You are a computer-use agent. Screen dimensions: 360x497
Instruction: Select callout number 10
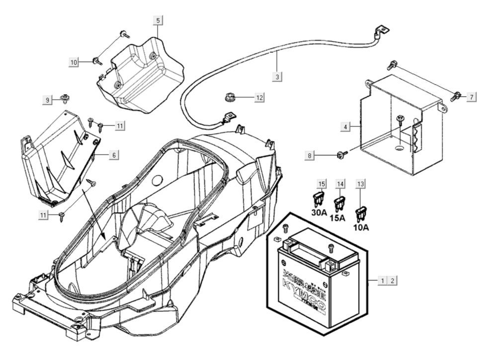pos(74,62)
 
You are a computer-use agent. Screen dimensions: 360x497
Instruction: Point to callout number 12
pos(259,98)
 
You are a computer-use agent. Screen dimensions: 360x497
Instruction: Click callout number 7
pos(471,96)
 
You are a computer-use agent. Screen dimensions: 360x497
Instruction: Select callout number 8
pos(310,156)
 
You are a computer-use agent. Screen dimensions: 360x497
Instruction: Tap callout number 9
pos(48,100)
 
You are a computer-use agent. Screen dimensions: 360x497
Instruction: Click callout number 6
pos(114,155)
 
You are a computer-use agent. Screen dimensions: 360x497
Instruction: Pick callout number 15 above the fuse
pos(322,184)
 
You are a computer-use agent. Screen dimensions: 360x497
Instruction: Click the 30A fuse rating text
pos(319,213)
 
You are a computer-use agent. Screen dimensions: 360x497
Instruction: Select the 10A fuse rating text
pos(361,228)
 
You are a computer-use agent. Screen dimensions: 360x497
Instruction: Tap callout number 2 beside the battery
pos(393,281)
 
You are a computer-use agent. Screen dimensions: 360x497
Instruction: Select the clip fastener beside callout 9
pos(65,97)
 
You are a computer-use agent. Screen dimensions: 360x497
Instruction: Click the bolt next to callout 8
pos(340,155)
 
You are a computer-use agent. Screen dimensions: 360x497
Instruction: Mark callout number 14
pos(340,184)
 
